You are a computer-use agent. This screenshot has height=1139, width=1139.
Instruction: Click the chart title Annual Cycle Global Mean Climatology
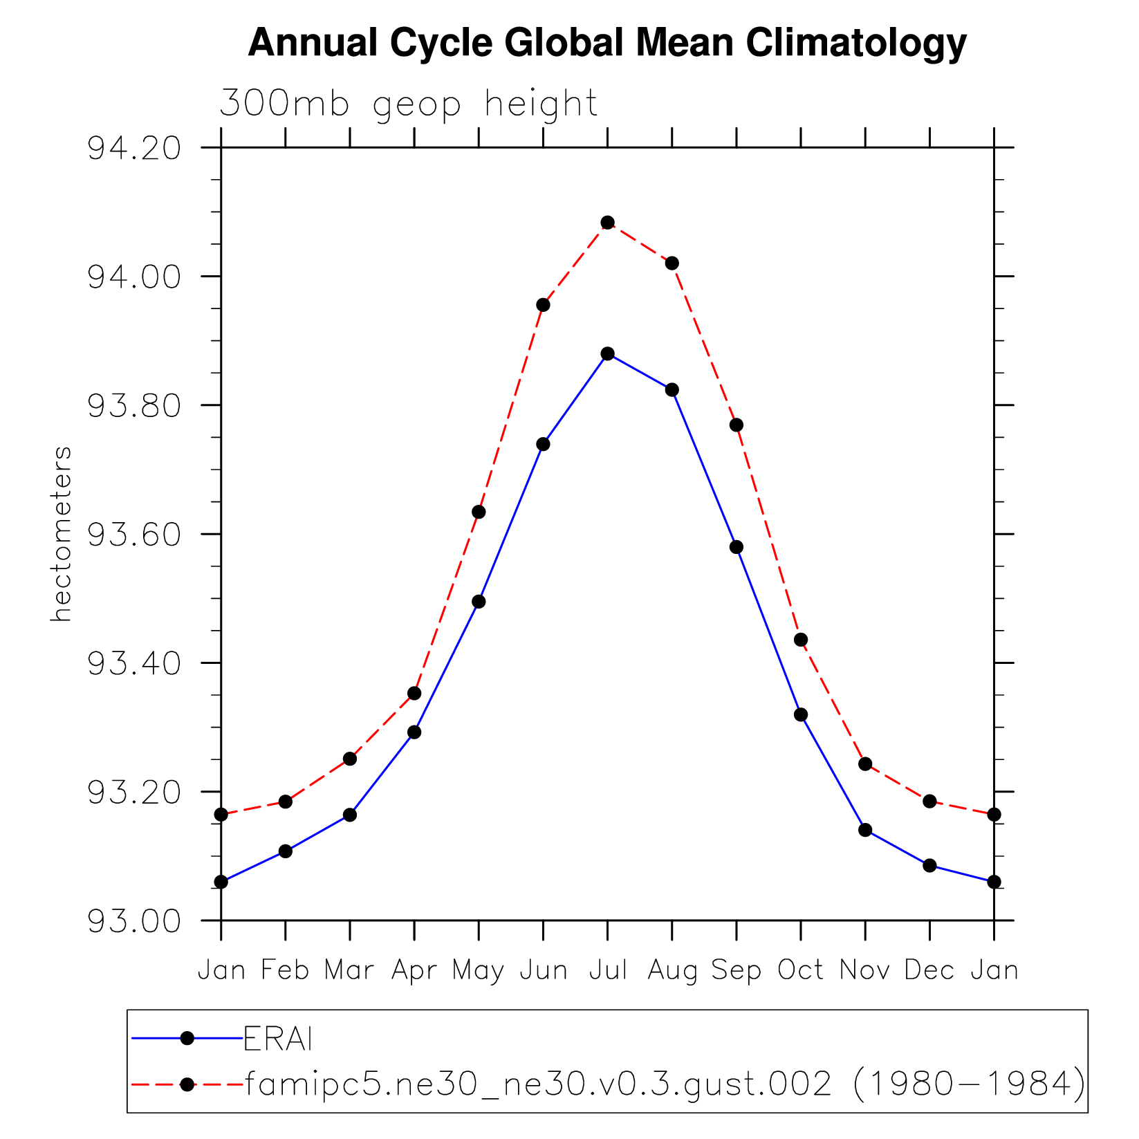click(606, 43)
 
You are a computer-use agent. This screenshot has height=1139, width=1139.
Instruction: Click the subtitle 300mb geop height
click(408, 104)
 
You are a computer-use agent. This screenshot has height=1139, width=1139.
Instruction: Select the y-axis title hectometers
click(61, 534)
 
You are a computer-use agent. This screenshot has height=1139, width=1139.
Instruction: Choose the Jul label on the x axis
click(608, 970)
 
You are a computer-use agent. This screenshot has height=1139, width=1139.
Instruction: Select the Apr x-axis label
click(414, 971)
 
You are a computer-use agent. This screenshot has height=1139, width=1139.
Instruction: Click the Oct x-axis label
click(800, 970)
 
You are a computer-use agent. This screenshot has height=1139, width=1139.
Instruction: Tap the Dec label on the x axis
click(929, 970)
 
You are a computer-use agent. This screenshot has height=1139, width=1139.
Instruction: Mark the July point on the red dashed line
click(608, 223)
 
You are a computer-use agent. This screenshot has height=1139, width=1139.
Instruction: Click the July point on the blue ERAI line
click(608, 354)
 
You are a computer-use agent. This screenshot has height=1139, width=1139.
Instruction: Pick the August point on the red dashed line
click(672, 263)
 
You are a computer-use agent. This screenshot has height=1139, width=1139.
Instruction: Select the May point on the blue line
click(479, 602)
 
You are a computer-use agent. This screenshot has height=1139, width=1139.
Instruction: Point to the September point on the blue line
click(737, 547)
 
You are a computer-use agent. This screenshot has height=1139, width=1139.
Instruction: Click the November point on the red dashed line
click(865, 764)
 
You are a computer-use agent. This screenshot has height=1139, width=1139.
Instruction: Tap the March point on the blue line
click(350, 815)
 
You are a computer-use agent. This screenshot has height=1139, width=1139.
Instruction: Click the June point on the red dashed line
click(543, 305)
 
